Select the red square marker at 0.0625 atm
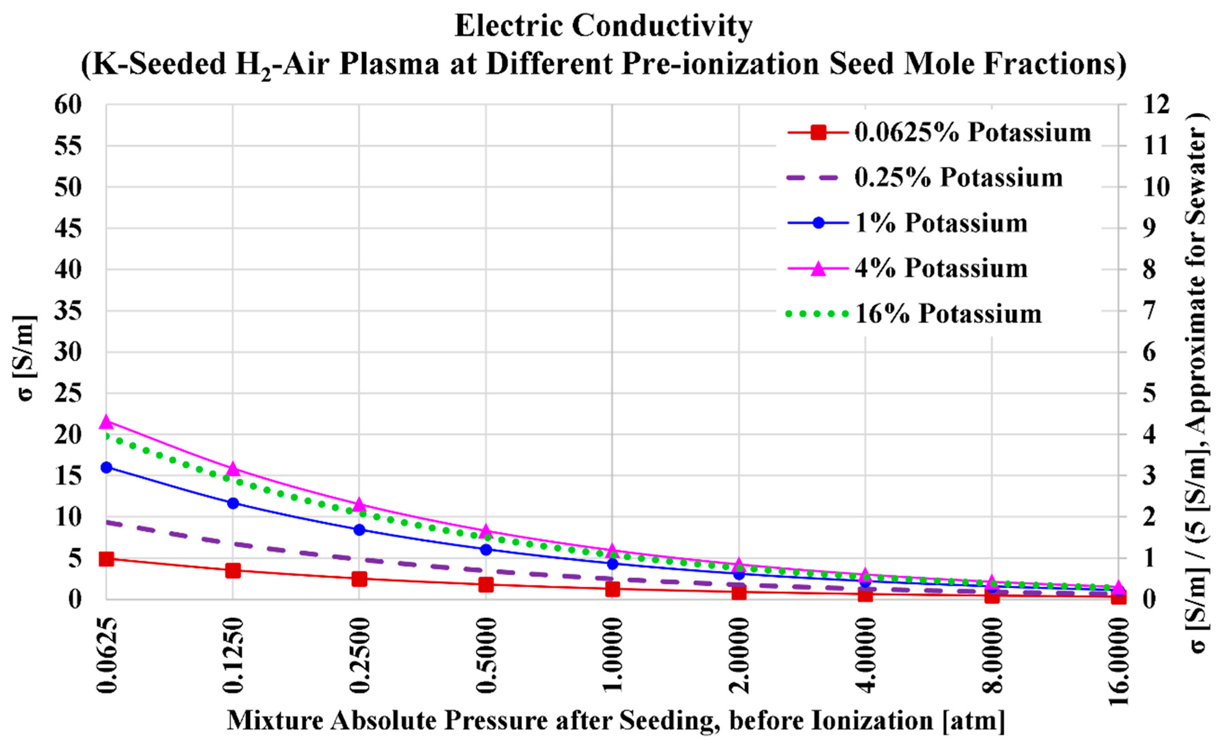click(106, 559)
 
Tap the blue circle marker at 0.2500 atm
click(359, 530)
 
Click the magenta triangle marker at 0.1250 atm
click(233, 469)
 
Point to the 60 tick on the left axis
click(68, 105)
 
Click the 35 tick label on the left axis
click(68, 311)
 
